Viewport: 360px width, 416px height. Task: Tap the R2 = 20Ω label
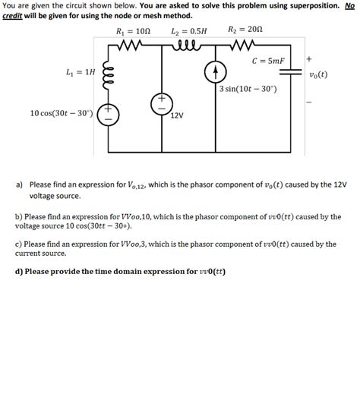[245, 31]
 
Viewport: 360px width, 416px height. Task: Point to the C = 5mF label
[269, 61]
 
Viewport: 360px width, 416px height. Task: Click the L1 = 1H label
[81, 72]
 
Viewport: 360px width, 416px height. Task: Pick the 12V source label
[175, 115]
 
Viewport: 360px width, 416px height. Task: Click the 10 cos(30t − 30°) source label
[61, 114]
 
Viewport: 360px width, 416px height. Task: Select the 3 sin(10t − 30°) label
[248, 89]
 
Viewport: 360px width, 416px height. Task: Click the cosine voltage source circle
[107, 115]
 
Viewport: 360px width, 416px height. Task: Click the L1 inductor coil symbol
[108, 75]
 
